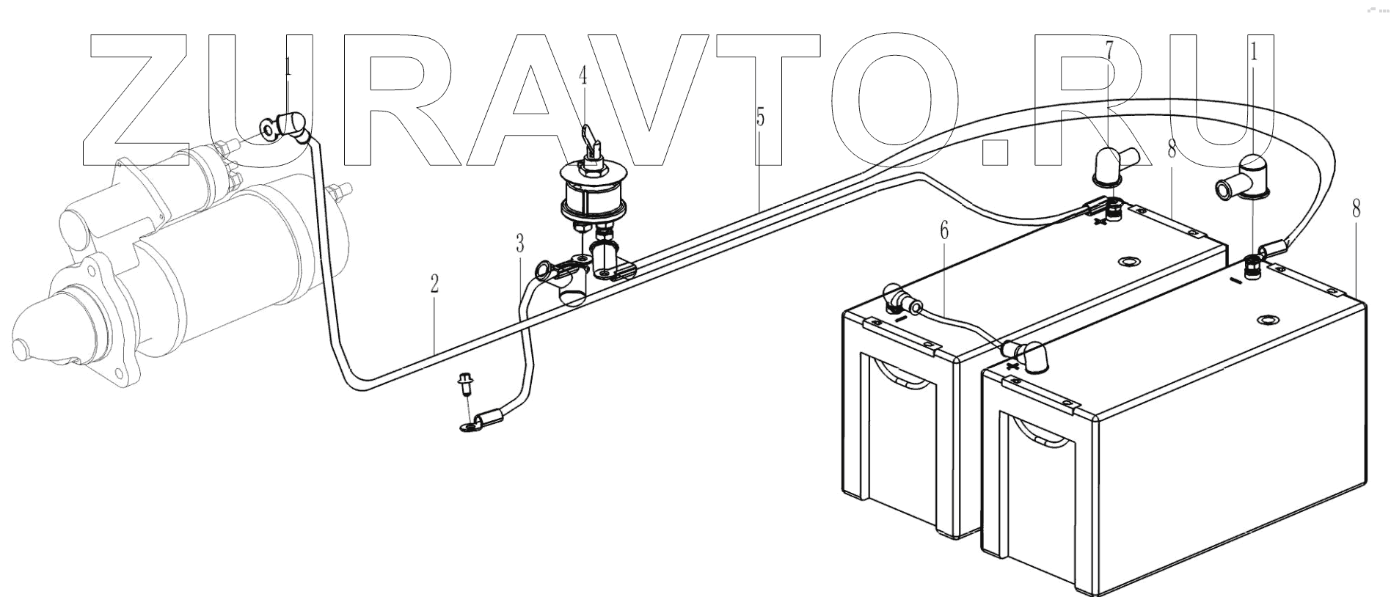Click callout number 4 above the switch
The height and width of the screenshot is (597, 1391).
point(583,76)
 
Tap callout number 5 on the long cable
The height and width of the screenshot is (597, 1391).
point(760,117)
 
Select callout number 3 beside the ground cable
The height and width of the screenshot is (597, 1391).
point(519,243)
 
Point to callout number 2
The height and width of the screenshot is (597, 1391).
point(434,284)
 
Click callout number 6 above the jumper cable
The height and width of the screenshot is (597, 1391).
point(943,231)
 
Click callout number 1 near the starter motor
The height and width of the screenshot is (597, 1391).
point(288,67)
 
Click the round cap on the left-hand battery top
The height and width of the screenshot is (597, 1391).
point(1126,262)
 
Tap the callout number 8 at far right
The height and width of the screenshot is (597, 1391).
point(1356,209)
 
